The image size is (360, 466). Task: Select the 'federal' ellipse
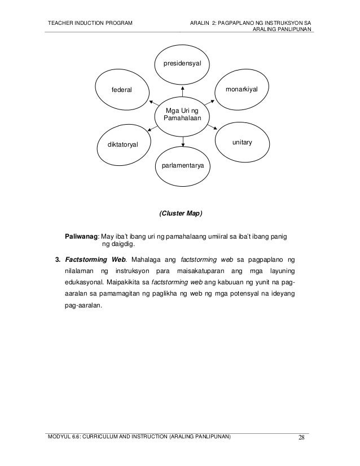(x=121, y=90)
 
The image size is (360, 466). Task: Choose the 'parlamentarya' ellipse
(x=182, y=166)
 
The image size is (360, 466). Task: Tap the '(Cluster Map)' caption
(x=180, y=214)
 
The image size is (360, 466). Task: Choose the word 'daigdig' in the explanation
(x=123, y=245)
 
